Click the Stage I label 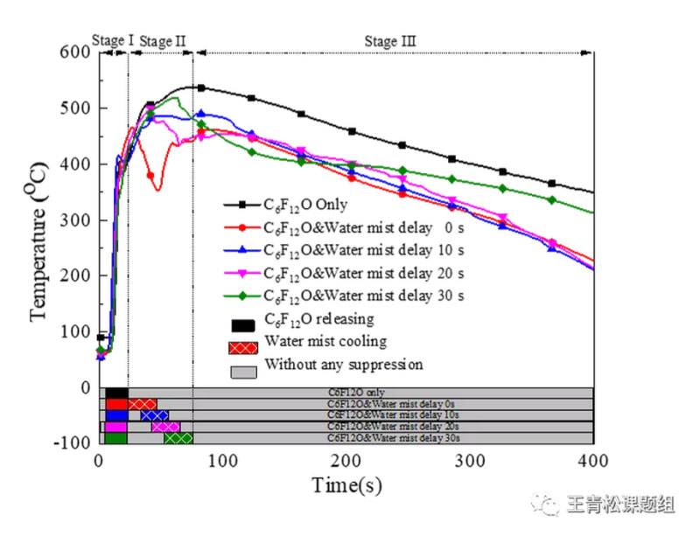pyautogui.click(x=113, y=40)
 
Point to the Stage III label pyautogui.click(x=390, y=40)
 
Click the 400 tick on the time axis pyautogui.click(x=593, y=461)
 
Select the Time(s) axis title pyautogui.click(x=346, y=484)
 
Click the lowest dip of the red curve pyautogui.click(x=157, y=189)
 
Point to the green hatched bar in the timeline pyautogui.click(x=178, y=438)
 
